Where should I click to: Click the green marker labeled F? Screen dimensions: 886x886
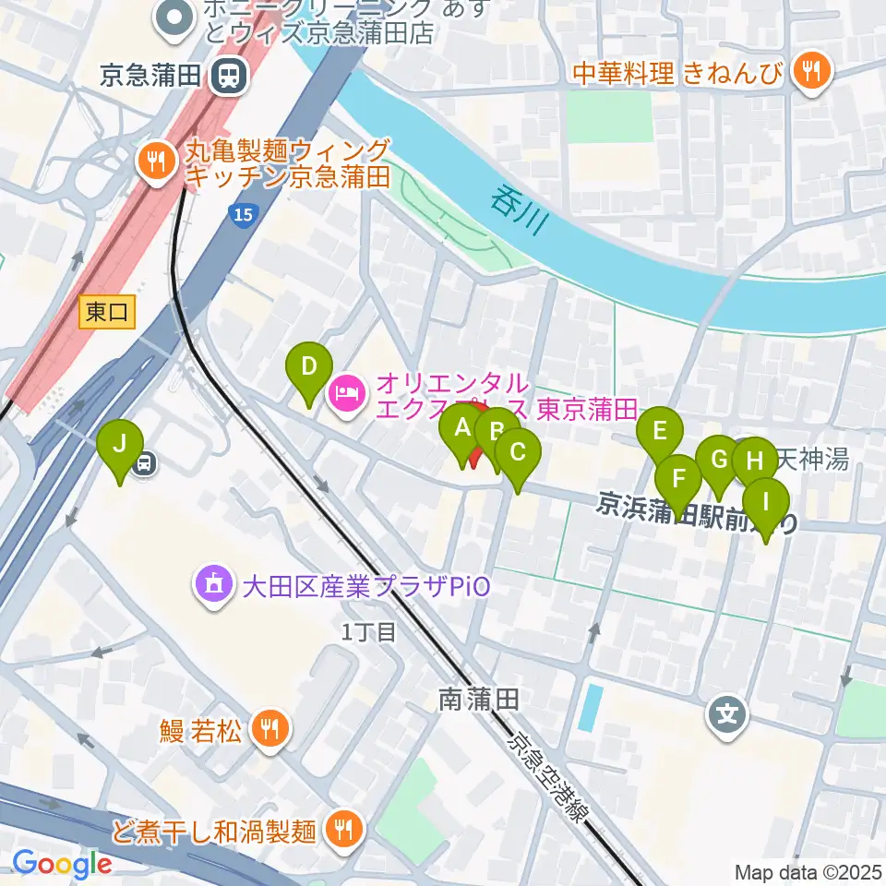[x=678, y=481]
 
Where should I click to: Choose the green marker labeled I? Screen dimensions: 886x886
[x=766, y=505]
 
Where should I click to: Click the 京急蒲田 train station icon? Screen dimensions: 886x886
[x=227, y=75]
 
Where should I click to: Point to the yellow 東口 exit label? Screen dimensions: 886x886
[x=106, y=313]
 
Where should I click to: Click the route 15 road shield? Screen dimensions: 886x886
[x=242, y=216]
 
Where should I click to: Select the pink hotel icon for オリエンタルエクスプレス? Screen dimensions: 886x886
[x=347, y=394]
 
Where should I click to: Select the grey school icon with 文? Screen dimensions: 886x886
[x=728, y=714]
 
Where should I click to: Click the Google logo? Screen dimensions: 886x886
[x=62, y=864]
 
